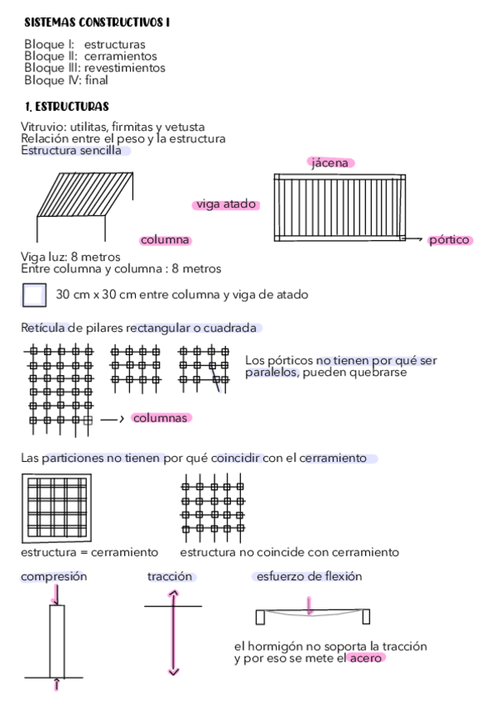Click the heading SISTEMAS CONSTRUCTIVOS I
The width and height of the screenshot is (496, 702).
coord(96,23)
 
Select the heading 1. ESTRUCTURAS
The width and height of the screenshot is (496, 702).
coord(66,107)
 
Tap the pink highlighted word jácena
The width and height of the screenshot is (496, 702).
coord(330,163)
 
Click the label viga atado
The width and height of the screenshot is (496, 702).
coord(226,204)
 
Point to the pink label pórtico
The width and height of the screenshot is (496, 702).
coord(449,240)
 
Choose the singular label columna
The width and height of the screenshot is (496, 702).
coord(165,240)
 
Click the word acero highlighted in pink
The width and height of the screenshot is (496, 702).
coord(366,658)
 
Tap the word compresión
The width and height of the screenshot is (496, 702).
coord(54,576)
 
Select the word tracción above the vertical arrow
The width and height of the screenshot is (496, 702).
coord(170,576)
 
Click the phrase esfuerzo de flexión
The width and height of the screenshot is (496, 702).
coord(308,576)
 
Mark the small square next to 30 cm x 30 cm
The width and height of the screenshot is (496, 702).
coord(35,296)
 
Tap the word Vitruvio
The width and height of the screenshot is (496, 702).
coord(43,127)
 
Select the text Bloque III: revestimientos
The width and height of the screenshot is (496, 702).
coord(94,68)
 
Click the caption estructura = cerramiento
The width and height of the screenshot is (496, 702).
coord(89,552)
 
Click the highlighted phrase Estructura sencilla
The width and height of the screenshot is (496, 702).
coord(75,151)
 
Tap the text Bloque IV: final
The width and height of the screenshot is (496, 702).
coord(66,80)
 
